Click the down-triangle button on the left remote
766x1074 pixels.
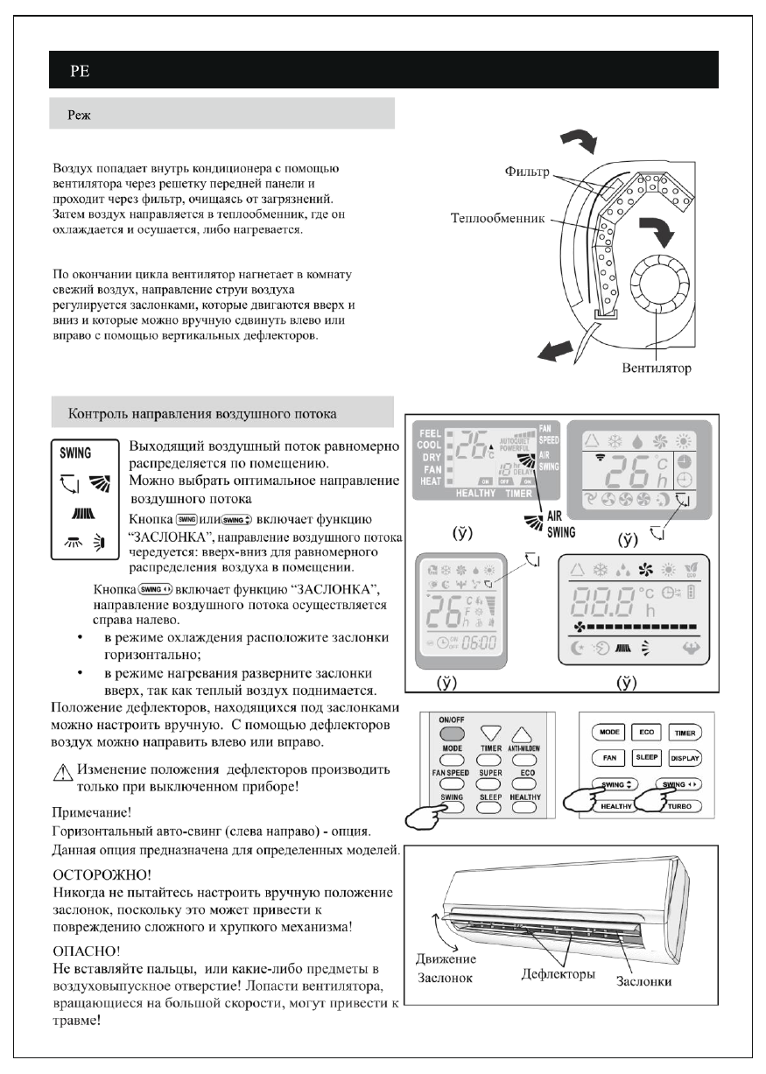pyautogui.click(x=491, y=733)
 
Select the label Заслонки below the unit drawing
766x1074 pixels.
pyautogui.click(x=643, y=980)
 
